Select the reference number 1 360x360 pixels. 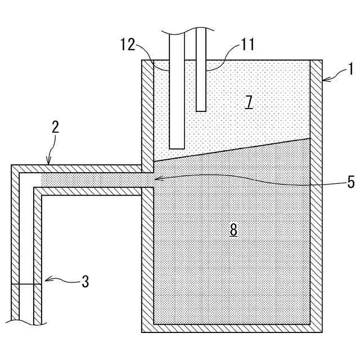tap(350, 70)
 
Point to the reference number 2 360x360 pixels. tap(55, 127)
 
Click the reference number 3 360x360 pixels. tap(85, 281)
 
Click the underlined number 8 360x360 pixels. tap(233, 229)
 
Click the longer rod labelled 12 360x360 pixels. tap(177, 90)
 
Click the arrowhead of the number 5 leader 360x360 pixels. tap(158, 179)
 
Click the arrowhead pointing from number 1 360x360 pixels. tap(325, 80)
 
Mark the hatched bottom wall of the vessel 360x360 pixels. tap(231, 328)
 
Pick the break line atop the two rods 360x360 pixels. tap(188, 28)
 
